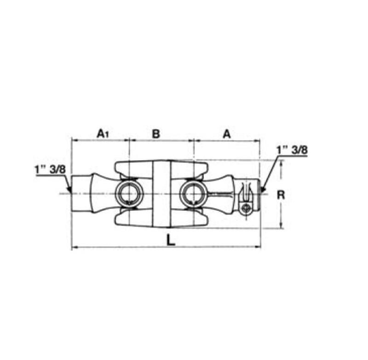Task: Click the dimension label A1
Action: point(103,134)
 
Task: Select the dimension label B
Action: point(156,134)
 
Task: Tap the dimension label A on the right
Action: point(226,134)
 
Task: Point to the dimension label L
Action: point(171,240)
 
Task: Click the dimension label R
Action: point(281,195)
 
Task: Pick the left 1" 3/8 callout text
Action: point(50,169)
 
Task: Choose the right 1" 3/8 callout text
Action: point(292,150)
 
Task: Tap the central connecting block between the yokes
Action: point(161,194)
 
